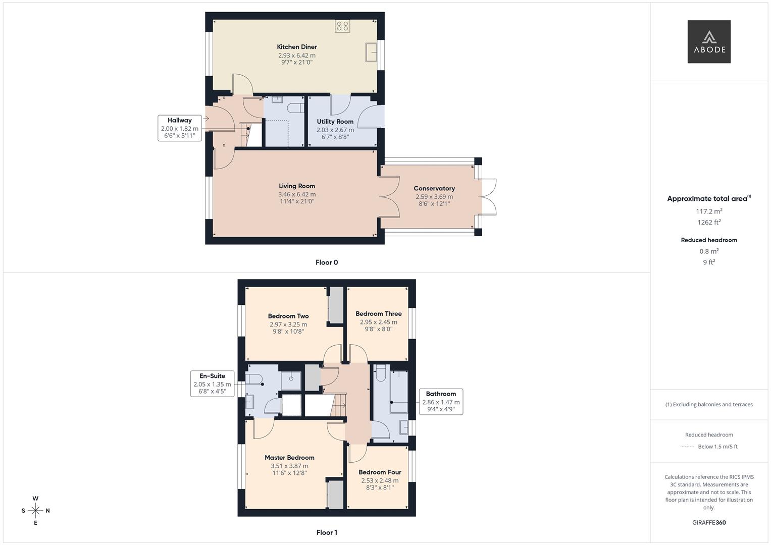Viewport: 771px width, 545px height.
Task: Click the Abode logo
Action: click(x=709, y=41)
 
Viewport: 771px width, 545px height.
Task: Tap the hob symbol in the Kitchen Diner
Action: click(x=342, y=26)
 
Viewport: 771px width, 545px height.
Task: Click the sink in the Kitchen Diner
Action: click(x=371, y=52)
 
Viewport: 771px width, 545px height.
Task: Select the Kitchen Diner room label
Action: click(x=297, y=47)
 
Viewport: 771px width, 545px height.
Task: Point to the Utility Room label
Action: click(x=335, y=122)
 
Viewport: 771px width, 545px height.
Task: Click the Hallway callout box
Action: click(x=180, y=128)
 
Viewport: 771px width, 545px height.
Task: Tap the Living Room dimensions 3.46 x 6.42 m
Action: click(x=297, y=194)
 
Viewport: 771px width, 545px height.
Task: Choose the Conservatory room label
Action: click(x=434, y=189)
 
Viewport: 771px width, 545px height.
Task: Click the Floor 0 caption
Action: click(x=327, y=262)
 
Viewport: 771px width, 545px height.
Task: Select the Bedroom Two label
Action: click(x=288, y=316)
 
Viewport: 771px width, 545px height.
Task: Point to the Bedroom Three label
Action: click(x=378, y=314)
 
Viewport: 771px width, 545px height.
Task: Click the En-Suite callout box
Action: click(x=213, y=384)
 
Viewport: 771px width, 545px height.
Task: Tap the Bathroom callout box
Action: click(x=441, y=402)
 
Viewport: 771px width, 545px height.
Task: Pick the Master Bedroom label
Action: click(x=289, y=458)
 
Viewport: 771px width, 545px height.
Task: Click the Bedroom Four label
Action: click(x=380, y=472)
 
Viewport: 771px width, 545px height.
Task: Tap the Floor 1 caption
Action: click(x=327, y=532)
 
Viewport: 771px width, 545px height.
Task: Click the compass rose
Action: click(x=35, y=511)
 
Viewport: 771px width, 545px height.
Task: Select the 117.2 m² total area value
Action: click(x=709, y=211)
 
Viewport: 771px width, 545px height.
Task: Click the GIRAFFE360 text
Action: click(x=709, y=523)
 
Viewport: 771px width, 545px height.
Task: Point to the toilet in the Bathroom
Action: click(x=380, y=373)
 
